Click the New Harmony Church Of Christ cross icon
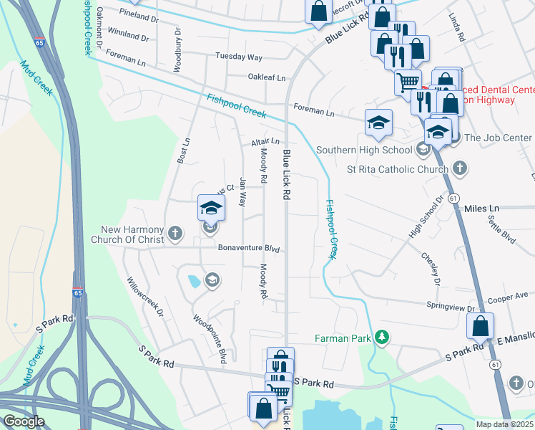tap(175, 232)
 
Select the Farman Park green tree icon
tap(383, 337)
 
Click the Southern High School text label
tap(364, 150)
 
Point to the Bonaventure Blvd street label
tap(247, 248)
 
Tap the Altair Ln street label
tap(265, 142)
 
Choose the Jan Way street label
tap(243, 192)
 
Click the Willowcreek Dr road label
tap(145, 298)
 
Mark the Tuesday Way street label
tap(244, 57)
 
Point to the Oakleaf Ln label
tap(266, 77)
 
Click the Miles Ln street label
tap(481, 209)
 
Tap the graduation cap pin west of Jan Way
tap(211, 208)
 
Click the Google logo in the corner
tap(23, 421)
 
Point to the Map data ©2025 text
tap(504, 424)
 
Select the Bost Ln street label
tap(183, 150)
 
